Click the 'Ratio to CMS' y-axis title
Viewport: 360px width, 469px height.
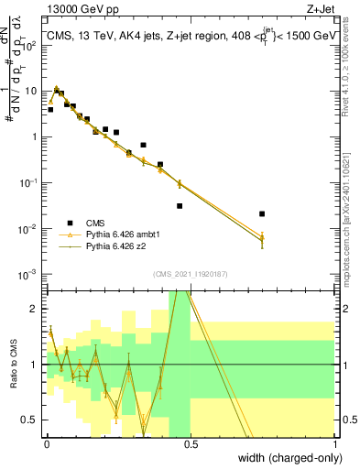[14, 365]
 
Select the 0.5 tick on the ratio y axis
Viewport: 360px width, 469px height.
[33, 420]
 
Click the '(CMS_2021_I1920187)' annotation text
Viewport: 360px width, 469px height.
[191, 274]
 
